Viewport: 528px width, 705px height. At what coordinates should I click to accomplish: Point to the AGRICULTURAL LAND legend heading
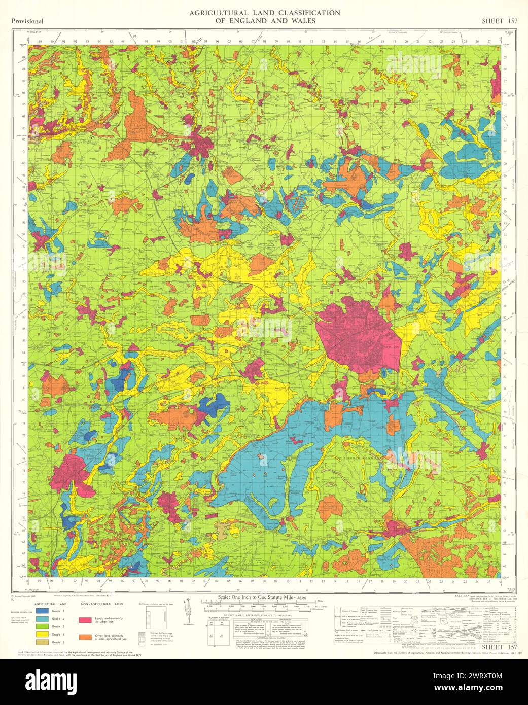(x=51, y=605)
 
